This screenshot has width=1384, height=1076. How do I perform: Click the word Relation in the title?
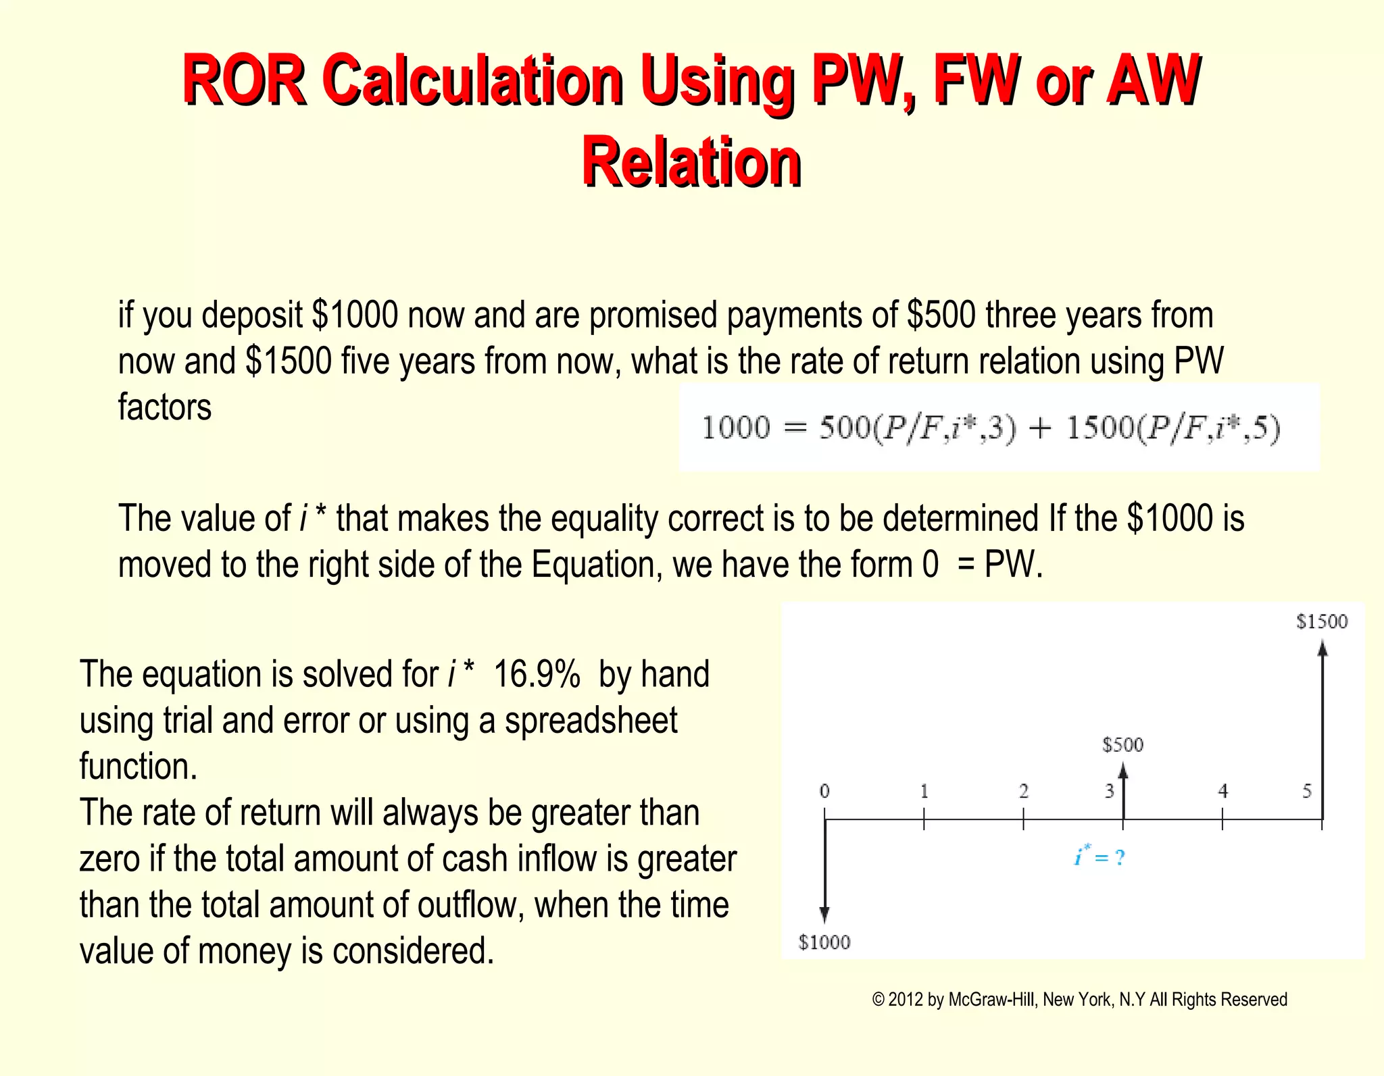point(691,162)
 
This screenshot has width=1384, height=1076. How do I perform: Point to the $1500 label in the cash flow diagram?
point(1321,621)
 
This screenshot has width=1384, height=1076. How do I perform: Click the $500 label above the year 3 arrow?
point(1122,745)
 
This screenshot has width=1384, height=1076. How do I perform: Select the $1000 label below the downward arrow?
point(824,942)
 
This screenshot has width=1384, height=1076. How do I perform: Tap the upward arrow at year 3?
point(1123,790)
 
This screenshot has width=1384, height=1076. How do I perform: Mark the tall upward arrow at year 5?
point(1323,729)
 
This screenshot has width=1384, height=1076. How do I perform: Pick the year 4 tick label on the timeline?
point(1222,791)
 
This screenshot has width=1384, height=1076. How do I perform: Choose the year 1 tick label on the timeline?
point(924,791)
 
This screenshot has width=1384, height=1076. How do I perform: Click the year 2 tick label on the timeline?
point(1023,791)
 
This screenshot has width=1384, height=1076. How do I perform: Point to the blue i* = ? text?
point(1099,857)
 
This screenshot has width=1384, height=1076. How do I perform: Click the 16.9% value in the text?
point(537,674)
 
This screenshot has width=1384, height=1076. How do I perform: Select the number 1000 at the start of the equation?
point(736,428)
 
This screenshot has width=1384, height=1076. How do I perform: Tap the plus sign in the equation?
point(1040,428)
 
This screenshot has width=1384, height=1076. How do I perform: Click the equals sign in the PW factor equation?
point(795,428)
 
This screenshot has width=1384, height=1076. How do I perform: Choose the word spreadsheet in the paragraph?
point(591,720)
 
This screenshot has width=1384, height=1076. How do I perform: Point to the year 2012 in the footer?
point(905,1000)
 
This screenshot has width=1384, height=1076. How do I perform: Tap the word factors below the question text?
point(165,407)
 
